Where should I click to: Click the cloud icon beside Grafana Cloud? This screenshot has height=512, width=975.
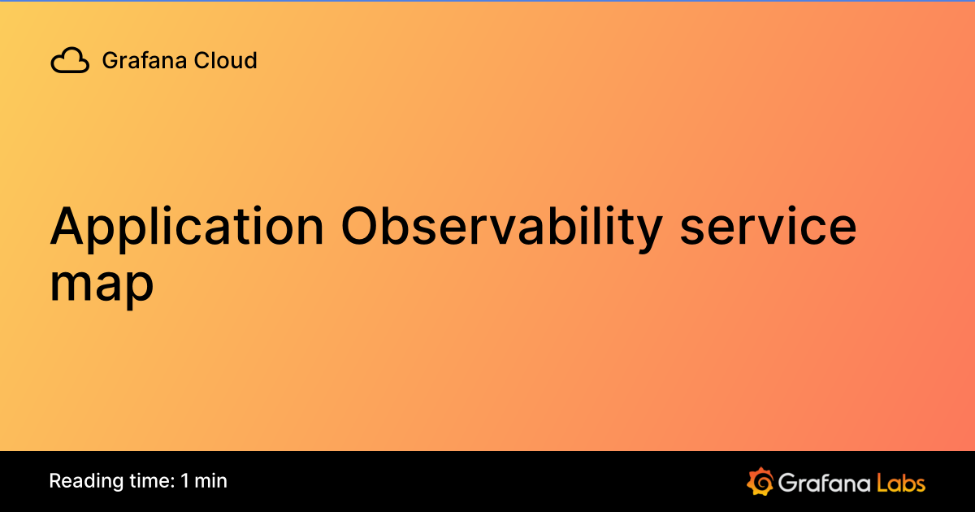point(70,61)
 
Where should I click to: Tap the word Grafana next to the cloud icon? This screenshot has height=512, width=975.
point(134,61)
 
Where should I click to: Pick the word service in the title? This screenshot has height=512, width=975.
point(768,228)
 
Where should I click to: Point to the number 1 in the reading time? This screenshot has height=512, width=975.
point(185,481)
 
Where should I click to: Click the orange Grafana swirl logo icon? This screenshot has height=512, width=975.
point(760,481)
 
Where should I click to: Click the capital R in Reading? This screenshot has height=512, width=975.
point(54,481)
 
